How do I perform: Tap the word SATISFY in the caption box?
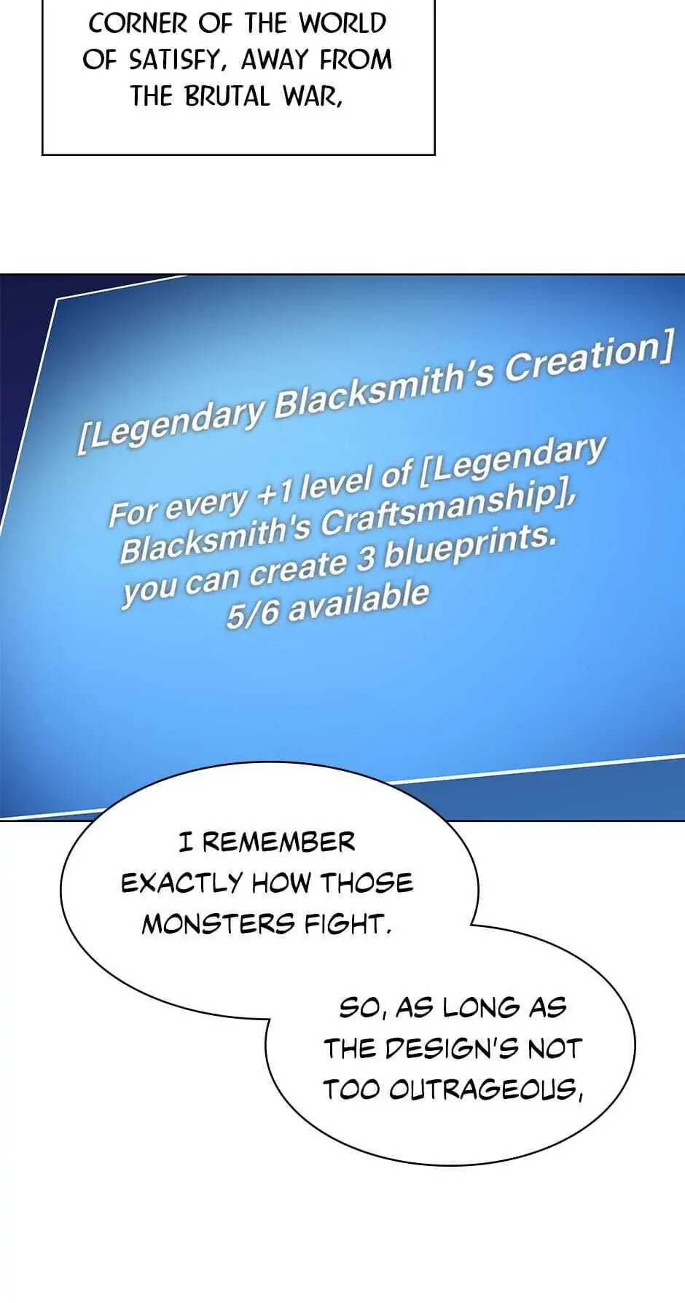[172, 60]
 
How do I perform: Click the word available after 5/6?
[359, 600]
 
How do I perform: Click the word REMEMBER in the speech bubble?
[278, 842]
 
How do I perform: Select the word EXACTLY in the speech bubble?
[181, 883]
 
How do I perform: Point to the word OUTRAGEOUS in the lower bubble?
[485, 1090]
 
